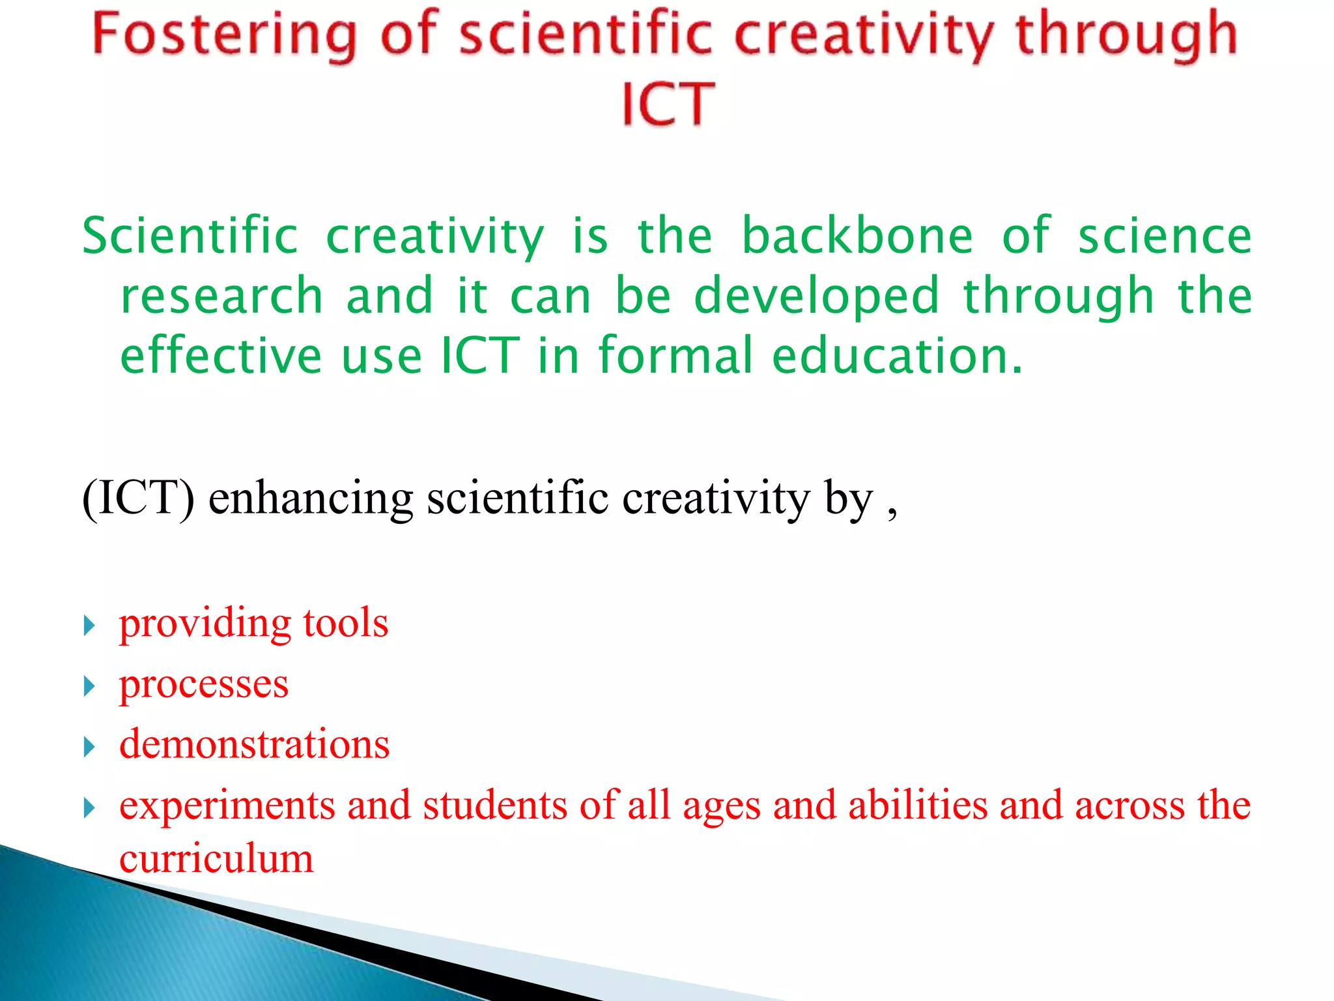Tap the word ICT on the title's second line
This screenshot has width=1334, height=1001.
668,104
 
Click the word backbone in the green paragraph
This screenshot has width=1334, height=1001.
857,236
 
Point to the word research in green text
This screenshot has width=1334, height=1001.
221,297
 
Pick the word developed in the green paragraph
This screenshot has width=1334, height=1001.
817,297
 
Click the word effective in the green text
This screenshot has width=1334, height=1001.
221,356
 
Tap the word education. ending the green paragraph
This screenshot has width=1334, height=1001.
897,356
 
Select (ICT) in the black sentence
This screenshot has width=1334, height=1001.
138,499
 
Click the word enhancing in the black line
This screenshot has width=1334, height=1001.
310,499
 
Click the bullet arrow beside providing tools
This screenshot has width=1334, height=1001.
90,626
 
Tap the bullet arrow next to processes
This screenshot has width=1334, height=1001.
90,686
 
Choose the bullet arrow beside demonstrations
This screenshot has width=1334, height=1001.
90,747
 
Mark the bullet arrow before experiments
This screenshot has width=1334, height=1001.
90,808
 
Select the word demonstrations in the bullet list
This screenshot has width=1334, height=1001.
254,744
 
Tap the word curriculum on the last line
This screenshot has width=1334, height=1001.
216,859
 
